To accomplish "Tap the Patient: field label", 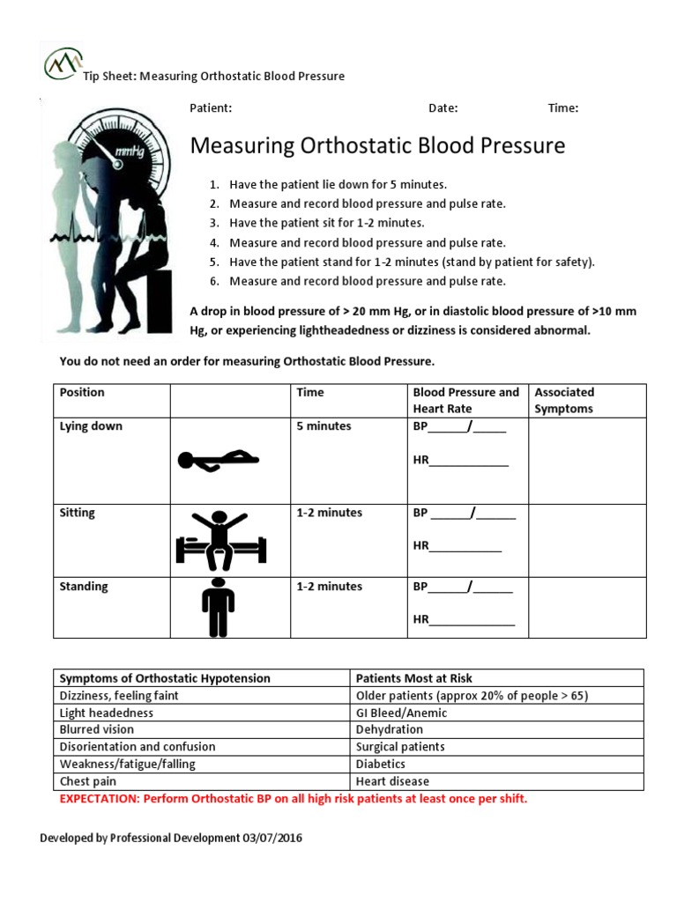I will (x=211, y=108).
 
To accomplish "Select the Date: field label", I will (x=443, y=108).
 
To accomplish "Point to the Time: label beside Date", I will (x=563, y=108).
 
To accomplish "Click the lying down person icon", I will (x=219, y=459).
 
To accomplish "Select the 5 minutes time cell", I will (x=324, y=426).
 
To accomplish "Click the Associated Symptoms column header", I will (x=564, y=401).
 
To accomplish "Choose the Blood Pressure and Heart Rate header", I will (x=466, y=401).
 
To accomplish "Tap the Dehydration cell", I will (x=389, y=729).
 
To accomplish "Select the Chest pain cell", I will (x=87, y=781).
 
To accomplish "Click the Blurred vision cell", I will (x=96, y=729).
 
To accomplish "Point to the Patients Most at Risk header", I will (x=413, y=678).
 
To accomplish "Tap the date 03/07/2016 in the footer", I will (x=272, y=839).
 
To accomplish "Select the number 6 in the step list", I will (x=213, y=282).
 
